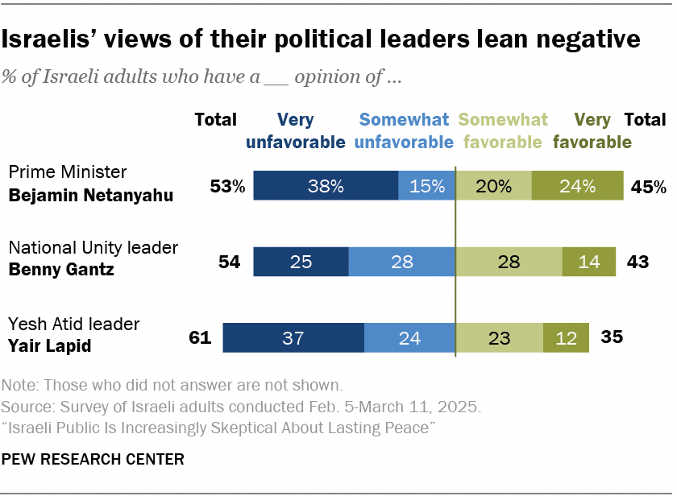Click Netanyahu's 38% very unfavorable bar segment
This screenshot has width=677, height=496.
coord(326,185)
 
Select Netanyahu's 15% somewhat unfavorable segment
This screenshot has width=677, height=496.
coord(426,185)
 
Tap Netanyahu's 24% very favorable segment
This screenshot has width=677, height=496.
coord(577,185)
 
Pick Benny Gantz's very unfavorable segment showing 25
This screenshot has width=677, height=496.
coord(301,262)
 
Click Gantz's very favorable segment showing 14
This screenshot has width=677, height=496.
coord(588,262)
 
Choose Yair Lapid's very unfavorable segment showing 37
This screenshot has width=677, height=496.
coord(293,338)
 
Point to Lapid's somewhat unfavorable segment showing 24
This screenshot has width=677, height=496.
coord(409,338)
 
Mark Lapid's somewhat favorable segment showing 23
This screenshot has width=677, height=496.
coord(500,338)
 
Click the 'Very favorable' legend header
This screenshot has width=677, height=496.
coord(592,131)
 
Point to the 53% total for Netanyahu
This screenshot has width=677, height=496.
coord(228,187)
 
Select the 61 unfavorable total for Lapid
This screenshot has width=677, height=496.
coord(198,337)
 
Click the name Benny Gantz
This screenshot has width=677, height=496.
coord(60,270)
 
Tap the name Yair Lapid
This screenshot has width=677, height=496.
coord(49,346)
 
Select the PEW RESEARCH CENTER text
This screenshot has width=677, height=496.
coord(93,460)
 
